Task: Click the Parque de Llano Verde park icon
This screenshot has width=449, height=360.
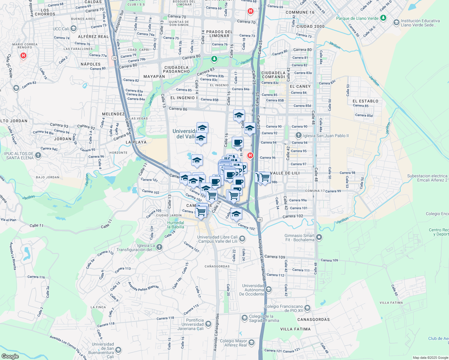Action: [x=383, y=18]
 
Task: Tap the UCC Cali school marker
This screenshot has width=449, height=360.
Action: [x=74, y=29]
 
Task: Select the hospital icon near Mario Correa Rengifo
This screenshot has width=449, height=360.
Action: [x=23, y=55]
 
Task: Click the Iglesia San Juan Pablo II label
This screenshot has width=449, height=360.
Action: [x=326, y=136]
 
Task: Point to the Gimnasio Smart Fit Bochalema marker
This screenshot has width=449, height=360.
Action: [x=319, y=238]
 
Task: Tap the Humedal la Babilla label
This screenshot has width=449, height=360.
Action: [x=176, y=225]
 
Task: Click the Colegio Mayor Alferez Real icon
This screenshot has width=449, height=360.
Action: [x=252, y=343]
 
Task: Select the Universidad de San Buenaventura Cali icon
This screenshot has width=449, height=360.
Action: [x=118, y=350]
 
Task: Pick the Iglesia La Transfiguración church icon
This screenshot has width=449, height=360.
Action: [x=159, y=247]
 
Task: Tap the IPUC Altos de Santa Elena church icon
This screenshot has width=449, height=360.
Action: [x=38, y=155]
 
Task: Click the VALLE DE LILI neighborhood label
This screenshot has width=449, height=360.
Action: [x=283, y=173]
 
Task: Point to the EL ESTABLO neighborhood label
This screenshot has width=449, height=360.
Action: [x=365, y=101]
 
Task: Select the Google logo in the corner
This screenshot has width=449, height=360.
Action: [x=10, y=356]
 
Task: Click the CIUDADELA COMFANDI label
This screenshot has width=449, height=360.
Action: [x=273, y=75]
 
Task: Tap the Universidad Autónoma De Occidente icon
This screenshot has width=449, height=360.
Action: [x=269, y=289]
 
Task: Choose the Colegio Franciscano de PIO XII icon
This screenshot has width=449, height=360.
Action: [x=307, y=308]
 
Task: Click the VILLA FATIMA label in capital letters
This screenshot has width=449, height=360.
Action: [x=295, y=329]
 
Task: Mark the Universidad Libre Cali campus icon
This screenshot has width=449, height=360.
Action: [x=242, y=239]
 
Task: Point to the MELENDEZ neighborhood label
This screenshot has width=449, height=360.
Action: [x=113, y=114]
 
